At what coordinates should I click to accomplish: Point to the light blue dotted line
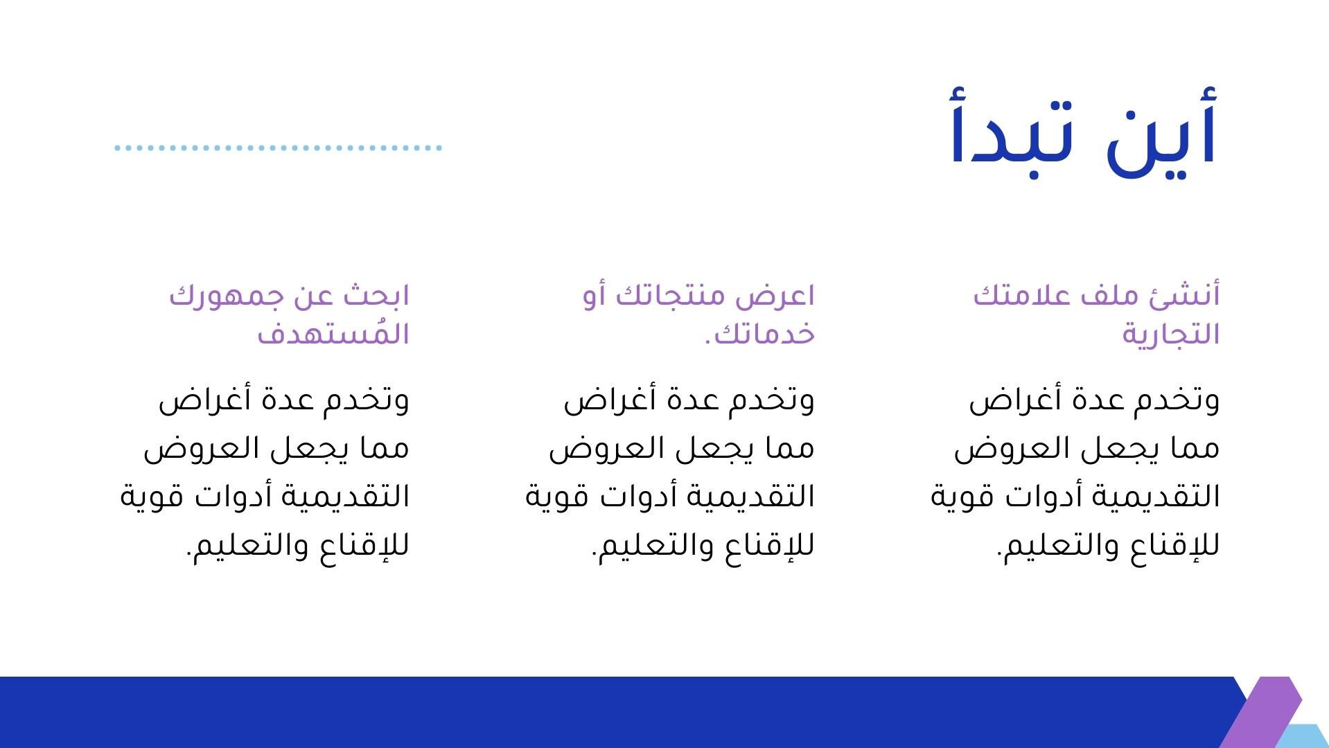click(278, 148)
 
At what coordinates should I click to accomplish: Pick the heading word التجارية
click(1171, 334)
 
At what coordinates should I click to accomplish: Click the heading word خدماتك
click(765, 334)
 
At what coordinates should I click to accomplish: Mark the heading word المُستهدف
click(333, 332)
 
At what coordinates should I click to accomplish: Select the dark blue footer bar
click(617, 712)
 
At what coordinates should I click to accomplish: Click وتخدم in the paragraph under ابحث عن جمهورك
click(368, 401)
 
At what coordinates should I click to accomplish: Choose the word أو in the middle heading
click(595, 296)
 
